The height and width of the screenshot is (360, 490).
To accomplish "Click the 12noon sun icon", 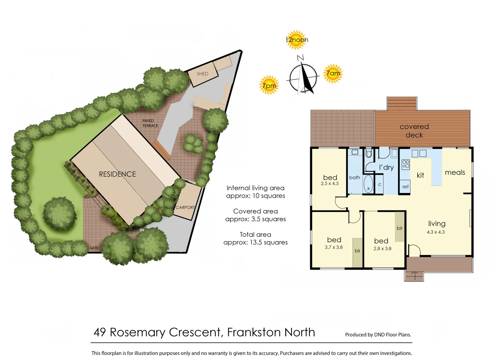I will pyautogui.click(x=296, y=40).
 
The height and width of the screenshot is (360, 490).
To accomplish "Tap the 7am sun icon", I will pyautogui.click(x=333, y=73).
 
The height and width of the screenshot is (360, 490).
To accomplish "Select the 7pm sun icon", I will pyautogui.click(x=269, y=85).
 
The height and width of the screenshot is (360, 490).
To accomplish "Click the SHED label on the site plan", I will pyautogui.click(x=202, y=74).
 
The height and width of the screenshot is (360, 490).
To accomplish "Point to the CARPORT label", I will pyautogui.click(x=185, y=207).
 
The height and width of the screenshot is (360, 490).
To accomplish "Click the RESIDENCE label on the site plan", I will pyautogui.click(x=117, y=174).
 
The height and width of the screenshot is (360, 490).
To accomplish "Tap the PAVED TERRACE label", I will pyautogui.click(x=150, y=123).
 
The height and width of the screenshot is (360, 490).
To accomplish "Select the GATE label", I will pyautogui.click(x=94, y=248).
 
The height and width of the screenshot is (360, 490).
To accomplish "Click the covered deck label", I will pyautogui.click(x=414, y=131).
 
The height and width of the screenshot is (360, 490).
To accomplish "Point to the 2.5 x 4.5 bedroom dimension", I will pyautogui.click(x=330, y=184).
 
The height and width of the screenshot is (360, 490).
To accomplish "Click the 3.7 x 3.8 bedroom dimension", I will pyautogui.click(x=334, y=247).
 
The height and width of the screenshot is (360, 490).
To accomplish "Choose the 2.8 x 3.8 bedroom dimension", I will pyautogui.click(x=382, y=249).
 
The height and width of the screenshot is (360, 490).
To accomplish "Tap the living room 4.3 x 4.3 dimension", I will pyautogui.click(x=436, y=232).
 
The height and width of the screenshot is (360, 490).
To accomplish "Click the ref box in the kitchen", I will pyautogui.click(x=405, y=187).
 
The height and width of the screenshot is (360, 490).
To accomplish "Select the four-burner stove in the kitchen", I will pyautogui.click(x=406, y=164).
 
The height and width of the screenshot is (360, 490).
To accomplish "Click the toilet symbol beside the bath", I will pyautogui.click(x=369, y=154).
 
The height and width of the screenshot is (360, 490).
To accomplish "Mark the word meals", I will pyautogui.click(x=455, y=172).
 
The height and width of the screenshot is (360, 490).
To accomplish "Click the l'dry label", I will pyautogui.click(x=386, y=167).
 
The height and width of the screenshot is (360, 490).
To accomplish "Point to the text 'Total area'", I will pyautogui.click(x=255, y=234).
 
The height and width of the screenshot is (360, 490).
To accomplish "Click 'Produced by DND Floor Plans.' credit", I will pyautogui.click(x=378, y=335).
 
